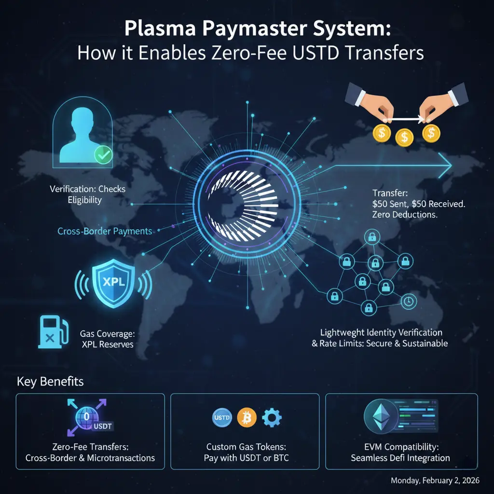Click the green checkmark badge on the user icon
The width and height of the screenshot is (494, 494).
point(102,155)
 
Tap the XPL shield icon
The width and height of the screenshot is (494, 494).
point(113,282)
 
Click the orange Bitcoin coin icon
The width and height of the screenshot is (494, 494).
point(246,417)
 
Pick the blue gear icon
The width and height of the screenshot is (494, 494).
point(272,417)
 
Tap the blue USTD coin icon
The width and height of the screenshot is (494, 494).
point(222,417)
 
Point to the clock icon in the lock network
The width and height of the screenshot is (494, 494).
point(409,302)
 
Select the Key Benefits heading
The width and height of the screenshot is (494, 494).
point(50,382)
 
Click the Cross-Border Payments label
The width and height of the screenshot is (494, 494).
point(105,231)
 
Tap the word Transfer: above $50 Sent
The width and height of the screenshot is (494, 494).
point(390,193)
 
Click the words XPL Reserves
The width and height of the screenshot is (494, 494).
point(113,344)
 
